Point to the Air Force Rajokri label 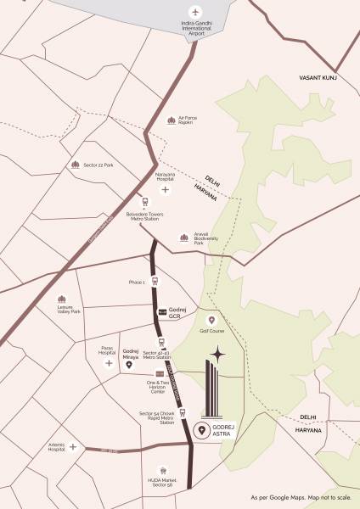coord(184,120)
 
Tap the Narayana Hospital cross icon coord(165,190)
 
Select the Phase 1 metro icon coord(155,281)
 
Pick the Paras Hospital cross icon coord(109,363)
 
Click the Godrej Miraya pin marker coord(129,365)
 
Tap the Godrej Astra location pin coord(201,430)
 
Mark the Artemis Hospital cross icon coord(73,446)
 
